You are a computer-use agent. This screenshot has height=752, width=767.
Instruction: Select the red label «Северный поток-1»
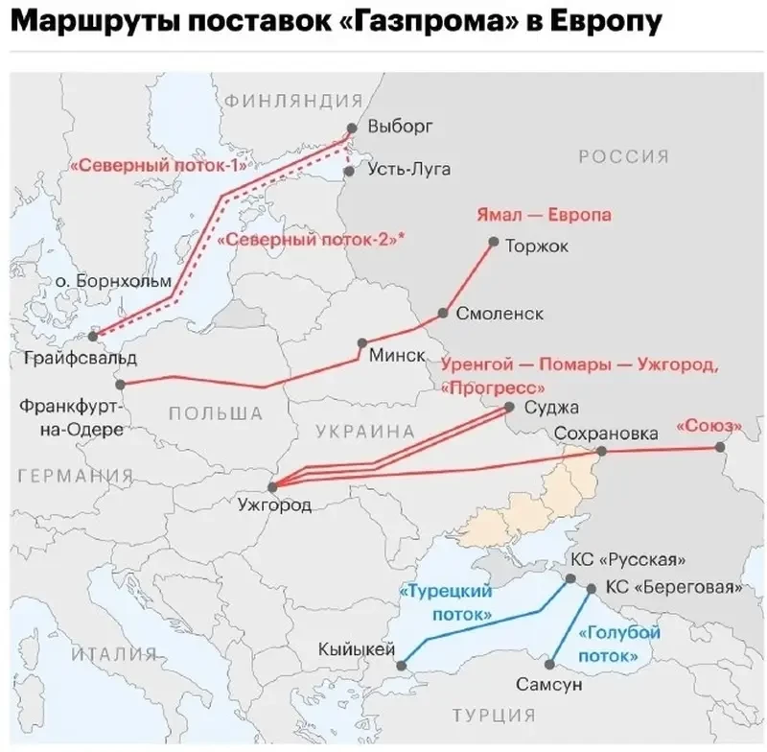click(x=159, y=164)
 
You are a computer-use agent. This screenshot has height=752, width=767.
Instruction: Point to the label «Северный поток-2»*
click(x=311, y=241)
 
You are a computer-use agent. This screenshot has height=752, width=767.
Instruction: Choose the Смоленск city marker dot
click(x=444, y=314)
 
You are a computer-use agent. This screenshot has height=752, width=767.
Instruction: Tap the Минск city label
click(x=397, y=356)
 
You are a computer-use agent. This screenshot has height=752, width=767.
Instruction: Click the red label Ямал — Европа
click(x=544, y=215)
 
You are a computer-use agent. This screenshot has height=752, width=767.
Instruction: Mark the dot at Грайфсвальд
click(x=93, y=337)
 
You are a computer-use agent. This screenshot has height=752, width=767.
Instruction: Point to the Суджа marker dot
click(x=510, y=408)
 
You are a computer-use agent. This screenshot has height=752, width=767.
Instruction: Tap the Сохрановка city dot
click(x=601, y=451)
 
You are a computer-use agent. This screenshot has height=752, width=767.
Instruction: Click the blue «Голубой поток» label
click(x=619, y=645)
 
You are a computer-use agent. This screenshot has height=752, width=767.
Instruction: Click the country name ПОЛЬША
click(x=216, y=413)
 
